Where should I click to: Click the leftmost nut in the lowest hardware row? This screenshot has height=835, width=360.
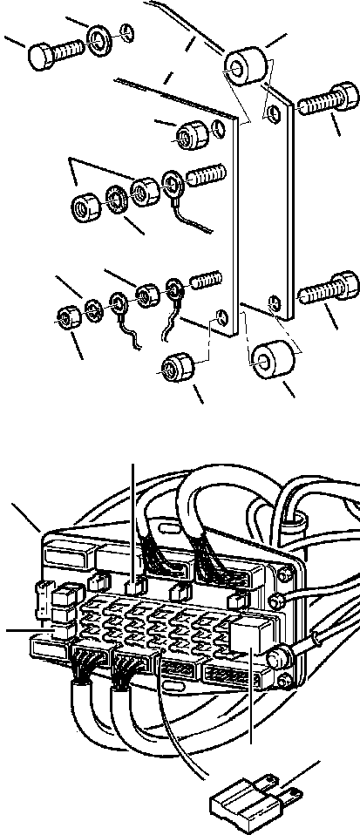(x=65, y=316)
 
